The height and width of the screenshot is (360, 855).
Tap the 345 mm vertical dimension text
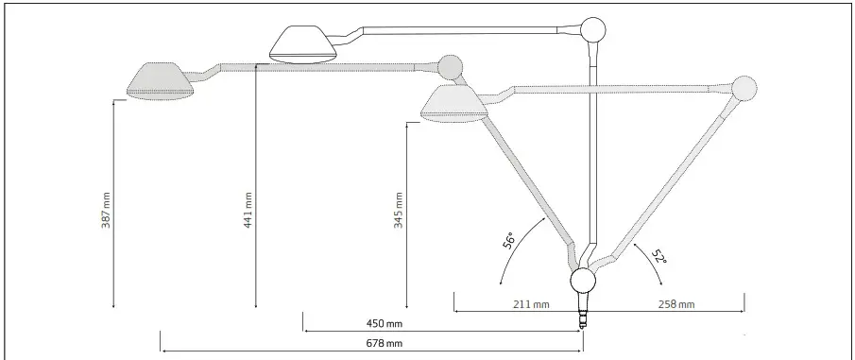(x=399, y=210)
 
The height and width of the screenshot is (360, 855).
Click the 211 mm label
(x=531, y=304)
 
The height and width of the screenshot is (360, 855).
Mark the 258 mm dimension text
(x=675, y=304)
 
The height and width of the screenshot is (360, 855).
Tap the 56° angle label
(x=510, y=241)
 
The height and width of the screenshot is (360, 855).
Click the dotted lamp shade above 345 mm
(x=455, y=103)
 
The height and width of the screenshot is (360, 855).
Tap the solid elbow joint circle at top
(x=593, y=30)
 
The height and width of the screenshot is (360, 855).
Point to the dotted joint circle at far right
(x=743, y=88)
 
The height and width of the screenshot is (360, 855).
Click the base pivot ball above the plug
(x=583, y=282)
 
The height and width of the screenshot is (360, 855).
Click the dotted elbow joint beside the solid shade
(x=451, y=66)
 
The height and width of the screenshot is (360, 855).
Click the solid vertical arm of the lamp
(x=592, y=151)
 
